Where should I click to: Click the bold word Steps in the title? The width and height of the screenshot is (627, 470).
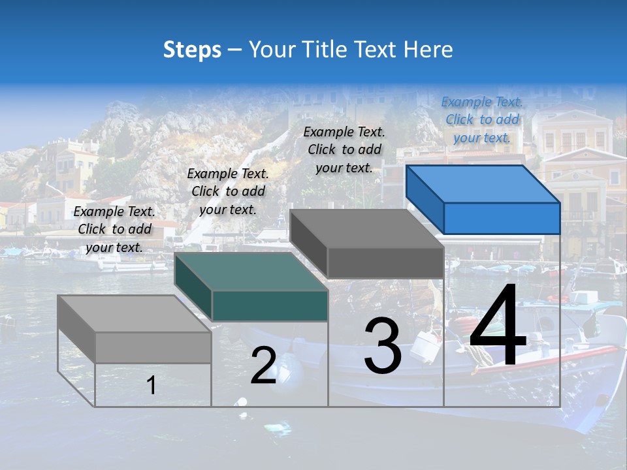192,50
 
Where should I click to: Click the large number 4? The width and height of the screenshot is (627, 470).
498,326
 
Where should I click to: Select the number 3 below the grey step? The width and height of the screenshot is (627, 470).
383,346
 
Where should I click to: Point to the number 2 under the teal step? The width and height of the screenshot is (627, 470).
264,366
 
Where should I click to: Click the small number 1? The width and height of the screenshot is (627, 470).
152,386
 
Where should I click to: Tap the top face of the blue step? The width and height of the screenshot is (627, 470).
483,183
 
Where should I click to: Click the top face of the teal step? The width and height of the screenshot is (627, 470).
251,271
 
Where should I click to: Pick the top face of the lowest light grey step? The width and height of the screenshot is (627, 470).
134,314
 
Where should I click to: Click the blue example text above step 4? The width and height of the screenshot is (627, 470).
482,119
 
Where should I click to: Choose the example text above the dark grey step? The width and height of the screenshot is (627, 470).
344,149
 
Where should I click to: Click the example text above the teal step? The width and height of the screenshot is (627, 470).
228,191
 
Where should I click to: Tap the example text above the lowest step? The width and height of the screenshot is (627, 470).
114,229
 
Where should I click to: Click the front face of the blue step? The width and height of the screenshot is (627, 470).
502,218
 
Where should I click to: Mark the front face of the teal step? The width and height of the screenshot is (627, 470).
270,305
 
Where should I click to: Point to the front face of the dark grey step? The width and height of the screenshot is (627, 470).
385,263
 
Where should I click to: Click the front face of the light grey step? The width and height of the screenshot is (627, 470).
153,347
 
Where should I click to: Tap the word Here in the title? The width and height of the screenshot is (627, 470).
429,50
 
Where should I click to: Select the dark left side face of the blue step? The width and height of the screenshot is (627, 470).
425,198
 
